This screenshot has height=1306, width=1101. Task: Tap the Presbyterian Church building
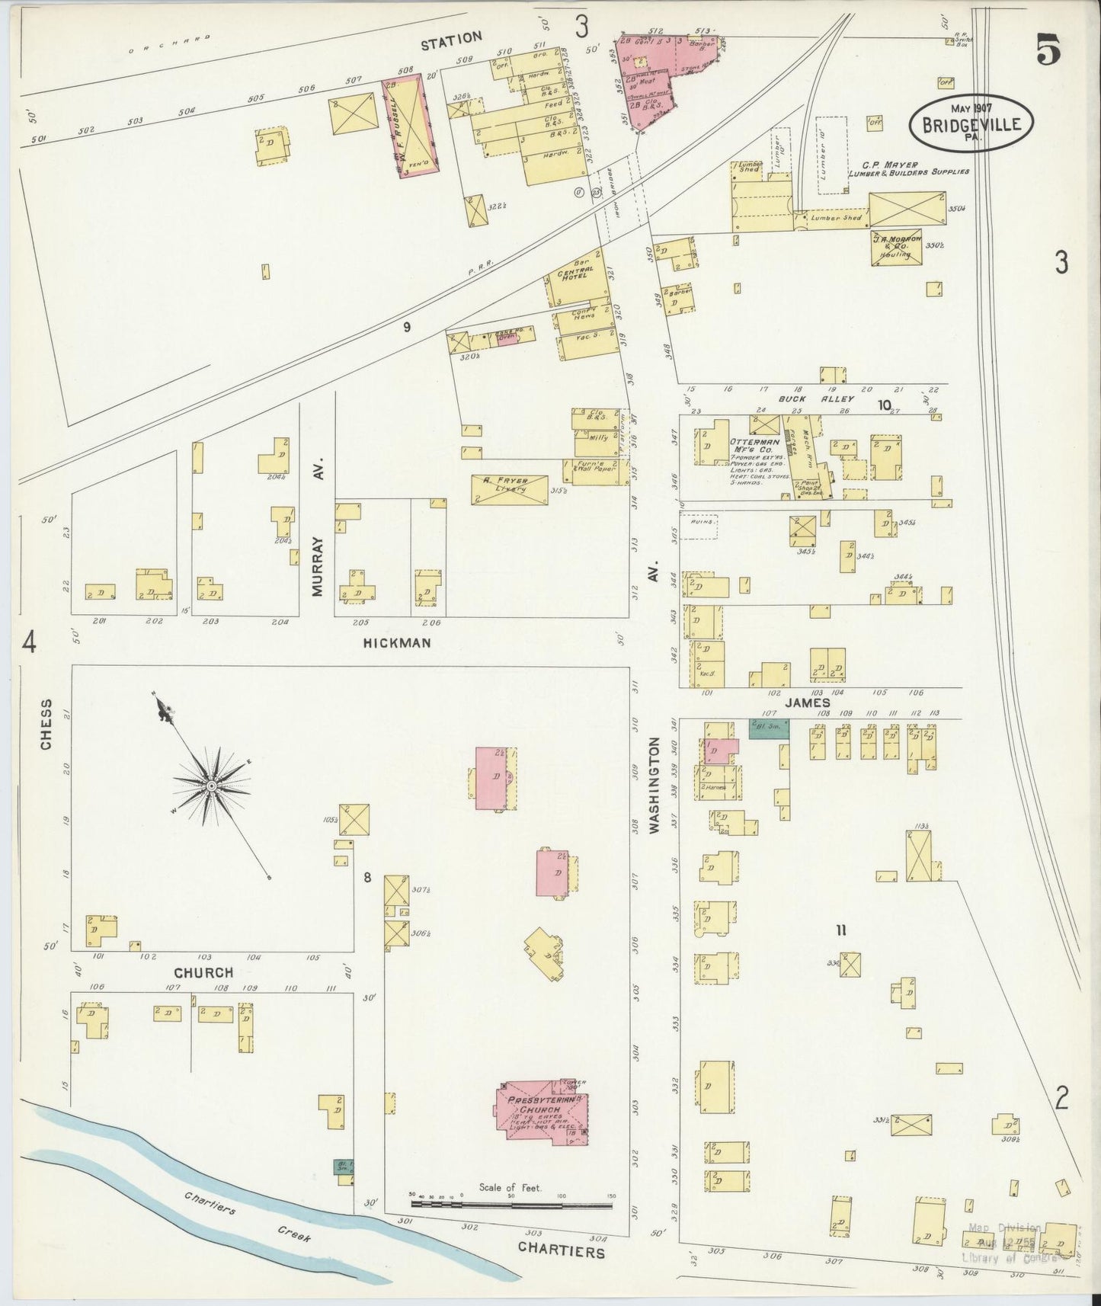point(539,1113)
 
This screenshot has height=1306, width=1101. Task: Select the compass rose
point(210,784)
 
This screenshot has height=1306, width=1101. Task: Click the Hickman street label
point(397,642)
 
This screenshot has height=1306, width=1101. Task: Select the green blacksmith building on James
point(769,729)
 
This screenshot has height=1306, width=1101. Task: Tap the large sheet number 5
point(1048,52)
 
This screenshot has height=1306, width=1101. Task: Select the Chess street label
point(47,724)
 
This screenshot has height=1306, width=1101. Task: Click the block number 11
point(841,930)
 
